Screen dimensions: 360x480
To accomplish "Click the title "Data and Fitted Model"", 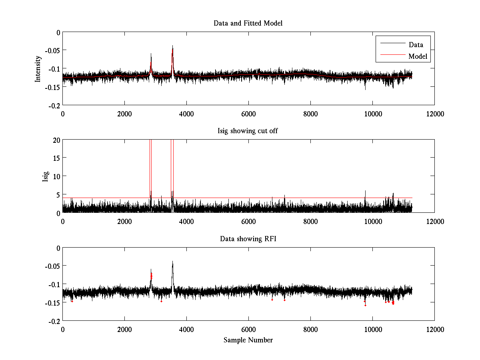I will coord(248,23).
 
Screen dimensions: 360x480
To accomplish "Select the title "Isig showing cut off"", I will coord(248,131).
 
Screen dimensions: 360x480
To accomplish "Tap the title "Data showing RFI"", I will coord(248,239).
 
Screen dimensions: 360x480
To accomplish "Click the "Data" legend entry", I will coord(416,45).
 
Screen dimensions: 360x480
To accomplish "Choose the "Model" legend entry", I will coord(418,56).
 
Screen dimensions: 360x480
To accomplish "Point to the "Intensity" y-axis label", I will coord(38,68).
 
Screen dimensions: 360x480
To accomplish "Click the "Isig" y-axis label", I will coord(46,176).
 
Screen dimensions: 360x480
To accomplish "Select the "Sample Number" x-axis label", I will coord(248,340).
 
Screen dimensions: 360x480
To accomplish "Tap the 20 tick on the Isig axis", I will coord(56,140).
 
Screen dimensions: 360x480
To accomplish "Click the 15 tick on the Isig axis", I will coord(56,158).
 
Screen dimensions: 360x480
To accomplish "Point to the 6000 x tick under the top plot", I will coord(248,114).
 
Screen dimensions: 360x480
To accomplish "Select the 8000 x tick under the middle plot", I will coord(310,221).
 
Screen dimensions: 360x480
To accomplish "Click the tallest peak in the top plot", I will coord(172,46).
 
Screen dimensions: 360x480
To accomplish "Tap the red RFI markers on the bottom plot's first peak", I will coord(151,276).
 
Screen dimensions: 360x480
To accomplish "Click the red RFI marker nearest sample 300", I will coord(72,301).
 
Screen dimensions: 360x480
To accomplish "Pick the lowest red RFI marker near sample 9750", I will coord(365,306).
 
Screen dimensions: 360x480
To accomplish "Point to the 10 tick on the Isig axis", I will coord(56,176).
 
